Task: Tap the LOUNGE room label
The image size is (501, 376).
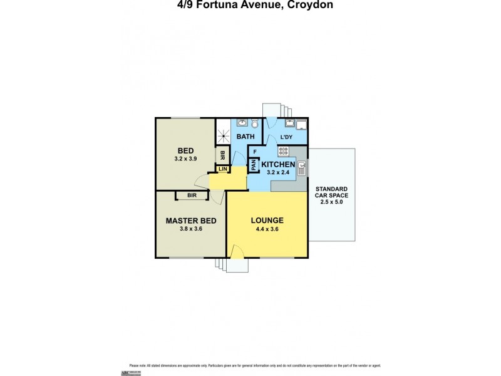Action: point(267,221)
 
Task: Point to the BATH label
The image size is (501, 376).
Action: point(245,136)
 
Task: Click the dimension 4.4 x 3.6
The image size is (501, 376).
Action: point(267,229)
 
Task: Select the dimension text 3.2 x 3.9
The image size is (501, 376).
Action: point(185,159)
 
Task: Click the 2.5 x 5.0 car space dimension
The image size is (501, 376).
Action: point(332,202)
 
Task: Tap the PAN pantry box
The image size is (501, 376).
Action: point(254,165)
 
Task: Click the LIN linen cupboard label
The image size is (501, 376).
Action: point(222,169)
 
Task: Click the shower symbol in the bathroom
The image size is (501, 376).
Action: point(224,133)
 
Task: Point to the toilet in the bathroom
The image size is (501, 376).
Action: point(255,124)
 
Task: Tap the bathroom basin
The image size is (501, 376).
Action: point(242,123)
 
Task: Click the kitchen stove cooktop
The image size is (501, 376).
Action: point(282,150)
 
